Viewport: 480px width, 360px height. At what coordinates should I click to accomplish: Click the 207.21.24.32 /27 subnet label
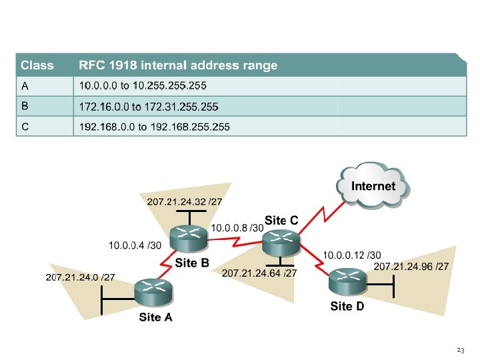[184, 201]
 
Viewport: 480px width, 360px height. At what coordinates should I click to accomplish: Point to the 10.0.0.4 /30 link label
[135, 246]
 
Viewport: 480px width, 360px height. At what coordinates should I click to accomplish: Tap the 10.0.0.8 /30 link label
[237, 228]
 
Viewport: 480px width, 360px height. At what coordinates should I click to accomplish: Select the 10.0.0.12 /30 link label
[352, 255]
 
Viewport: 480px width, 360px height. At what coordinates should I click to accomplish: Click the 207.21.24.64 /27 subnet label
[259, 273]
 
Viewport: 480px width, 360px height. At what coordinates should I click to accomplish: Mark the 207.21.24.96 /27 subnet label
[411, 267]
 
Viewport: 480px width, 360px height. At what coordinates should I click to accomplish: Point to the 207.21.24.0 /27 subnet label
[80, 277]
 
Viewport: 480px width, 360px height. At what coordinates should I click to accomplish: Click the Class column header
[37, 65]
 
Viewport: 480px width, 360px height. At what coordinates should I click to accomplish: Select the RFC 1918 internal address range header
[178, 65]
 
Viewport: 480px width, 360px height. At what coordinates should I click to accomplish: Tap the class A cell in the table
[25, 86]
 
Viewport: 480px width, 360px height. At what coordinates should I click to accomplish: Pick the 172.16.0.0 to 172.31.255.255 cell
[149, 106]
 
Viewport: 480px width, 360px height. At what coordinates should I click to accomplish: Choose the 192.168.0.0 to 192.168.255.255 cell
[154, 127]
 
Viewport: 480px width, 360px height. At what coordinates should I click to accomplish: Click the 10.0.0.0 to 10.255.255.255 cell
[143, 86]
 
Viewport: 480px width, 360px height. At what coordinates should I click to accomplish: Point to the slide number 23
[460, 350]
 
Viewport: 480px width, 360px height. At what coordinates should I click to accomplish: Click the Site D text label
[347, 307]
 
